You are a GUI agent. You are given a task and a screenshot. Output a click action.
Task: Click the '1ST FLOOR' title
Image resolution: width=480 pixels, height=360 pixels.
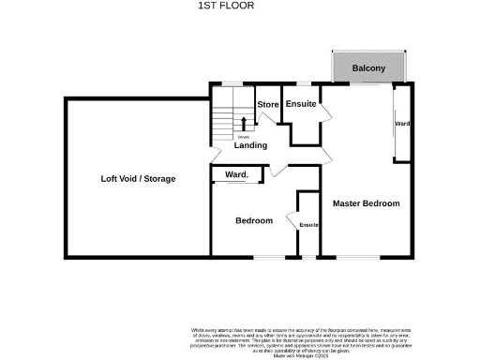coord(226,6)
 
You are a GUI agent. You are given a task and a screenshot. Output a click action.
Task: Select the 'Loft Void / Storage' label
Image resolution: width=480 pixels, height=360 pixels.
coord(139,178)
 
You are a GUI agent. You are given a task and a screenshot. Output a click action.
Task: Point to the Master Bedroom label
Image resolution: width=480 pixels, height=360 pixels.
coord(367,203)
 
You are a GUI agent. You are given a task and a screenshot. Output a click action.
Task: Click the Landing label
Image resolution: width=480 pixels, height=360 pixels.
coord(250,145)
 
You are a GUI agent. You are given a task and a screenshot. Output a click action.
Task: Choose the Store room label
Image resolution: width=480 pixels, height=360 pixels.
coord(268,104)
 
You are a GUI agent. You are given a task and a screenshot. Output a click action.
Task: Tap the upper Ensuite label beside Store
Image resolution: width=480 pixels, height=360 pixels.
coord(302,104)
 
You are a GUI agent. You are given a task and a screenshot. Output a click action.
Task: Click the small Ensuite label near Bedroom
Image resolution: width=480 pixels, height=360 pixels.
coord(308,225)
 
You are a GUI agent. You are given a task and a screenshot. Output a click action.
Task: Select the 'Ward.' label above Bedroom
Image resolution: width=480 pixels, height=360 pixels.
coord(236,174)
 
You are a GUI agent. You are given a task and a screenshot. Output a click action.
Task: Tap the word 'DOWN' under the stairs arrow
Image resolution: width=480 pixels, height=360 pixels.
coord(244,137)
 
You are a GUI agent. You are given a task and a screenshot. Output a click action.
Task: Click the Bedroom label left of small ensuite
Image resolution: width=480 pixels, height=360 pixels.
coord(253,221)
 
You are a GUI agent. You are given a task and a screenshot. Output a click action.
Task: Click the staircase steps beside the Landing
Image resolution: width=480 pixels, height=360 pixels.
coord(222,122)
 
